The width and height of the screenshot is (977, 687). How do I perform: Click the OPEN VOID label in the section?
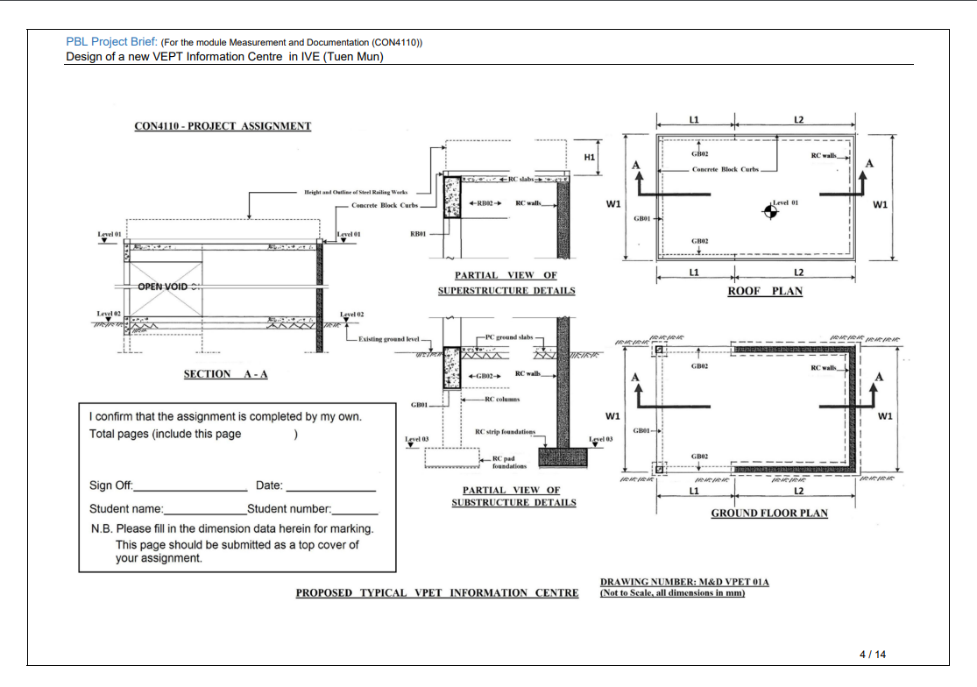click(x=163, y=287)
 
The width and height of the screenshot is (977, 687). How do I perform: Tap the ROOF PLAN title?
click(x=765, y=291)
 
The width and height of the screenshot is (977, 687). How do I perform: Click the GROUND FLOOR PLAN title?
click(x=768, y=513)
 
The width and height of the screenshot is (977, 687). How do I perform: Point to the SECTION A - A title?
click(x=225, y=374)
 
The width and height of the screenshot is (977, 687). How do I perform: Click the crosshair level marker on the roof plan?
click(x=770, y=210)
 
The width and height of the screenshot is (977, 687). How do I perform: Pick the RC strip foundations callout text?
click(x=505, y=432)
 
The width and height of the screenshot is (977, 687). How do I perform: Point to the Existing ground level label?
click(x=389, y=338)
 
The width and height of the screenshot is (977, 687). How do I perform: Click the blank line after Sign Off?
click(x=190, y=487)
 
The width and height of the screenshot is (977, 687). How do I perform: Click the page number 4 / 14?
click(x=873, y=654)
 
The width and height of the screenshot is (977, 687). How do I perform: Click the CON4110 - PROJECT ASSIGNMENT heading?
click(x=223, y=126)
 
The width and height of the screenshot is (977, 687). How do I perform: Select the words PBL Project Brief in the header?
click(x=111, y=41)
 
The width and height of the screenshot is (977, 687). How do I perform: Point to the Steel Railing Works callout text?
click(x=356, y=192)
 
